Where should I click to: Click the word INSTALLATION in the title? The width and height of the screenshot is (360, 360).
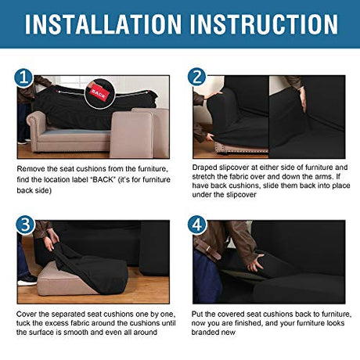coord(103,24)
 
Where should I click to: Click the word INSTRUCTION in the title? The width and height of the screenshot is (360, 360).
coord(264,24)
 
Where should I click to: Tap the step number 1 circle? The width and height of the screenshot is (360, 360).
coord(23,77)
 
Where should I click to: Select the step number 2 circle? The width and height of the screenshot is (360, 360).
coord(196,77)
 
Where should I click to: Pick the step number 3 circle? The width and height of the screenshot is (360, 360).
coord(25,225)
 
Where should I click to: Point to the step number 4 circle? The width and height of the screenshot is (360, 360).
coord(197,225)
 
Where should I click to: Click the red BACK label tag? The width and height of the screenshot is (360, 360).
coord(99,93)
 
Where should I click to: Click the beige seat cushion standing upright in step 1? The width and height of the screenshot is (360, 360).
coord(131,135)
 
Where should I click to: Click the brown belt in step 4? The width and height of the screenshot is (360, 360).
coord(208,249)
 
